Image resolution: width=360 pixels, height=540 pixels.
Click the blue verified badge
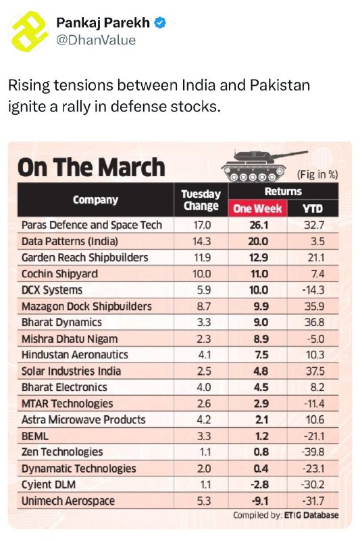click(x=160, y=23)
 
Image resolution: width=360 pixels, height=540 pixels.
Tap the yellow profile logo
click(x=29, y=31)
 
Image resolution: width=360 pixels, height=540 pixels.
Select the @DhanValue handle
click(x=96, y=40)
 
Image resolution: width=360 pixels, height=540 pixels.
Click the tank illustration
click(x=263, y=165)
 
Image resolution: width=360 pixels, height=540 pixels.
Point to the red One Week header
click(x=257, y=209)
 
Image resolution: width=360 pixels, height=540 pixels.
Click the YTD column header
click(x=313, y=209)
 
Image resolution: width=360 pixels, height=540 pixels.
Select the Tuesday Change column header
click(x=201, y=200)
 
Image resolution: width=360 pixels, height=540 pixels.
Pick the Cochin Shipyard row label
click(x=59, y=274)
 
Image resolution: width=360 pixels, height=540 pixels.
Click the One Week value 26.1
click(x=259, y=225)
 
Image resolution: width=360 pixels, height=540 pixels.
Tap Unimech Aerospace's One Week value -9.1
click(x=260, y=501)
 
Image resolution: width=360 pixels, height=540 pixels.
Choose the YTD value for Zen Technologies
click(x=313, y=452)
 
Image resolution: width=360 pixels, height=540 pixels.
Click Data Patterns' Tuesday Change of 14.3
click(x=201, y=241)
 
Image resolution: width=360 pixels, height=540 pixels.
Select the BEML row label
click(x=35, y=436)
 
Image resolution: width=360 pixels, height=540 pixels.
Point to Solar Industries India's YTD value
click(x=315, y=371)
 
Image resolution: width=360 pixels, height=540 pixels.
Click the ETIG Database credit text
click(x=311, y=515)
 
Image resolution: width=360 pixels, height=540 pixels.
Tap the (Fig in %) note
click(x=317, y=175)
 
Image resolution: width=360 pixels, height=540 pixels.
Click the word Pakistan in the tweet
click(x=280, y=85)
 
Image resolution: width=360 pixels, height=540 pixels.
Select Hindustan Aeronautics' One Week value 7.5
click(x=261, y=355)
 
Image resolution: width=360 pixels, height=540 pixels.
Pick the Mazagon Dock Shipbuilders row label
click(x=86, y=306)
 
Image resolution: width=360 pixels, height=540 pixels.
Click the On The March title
click(x=91, y=167)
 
